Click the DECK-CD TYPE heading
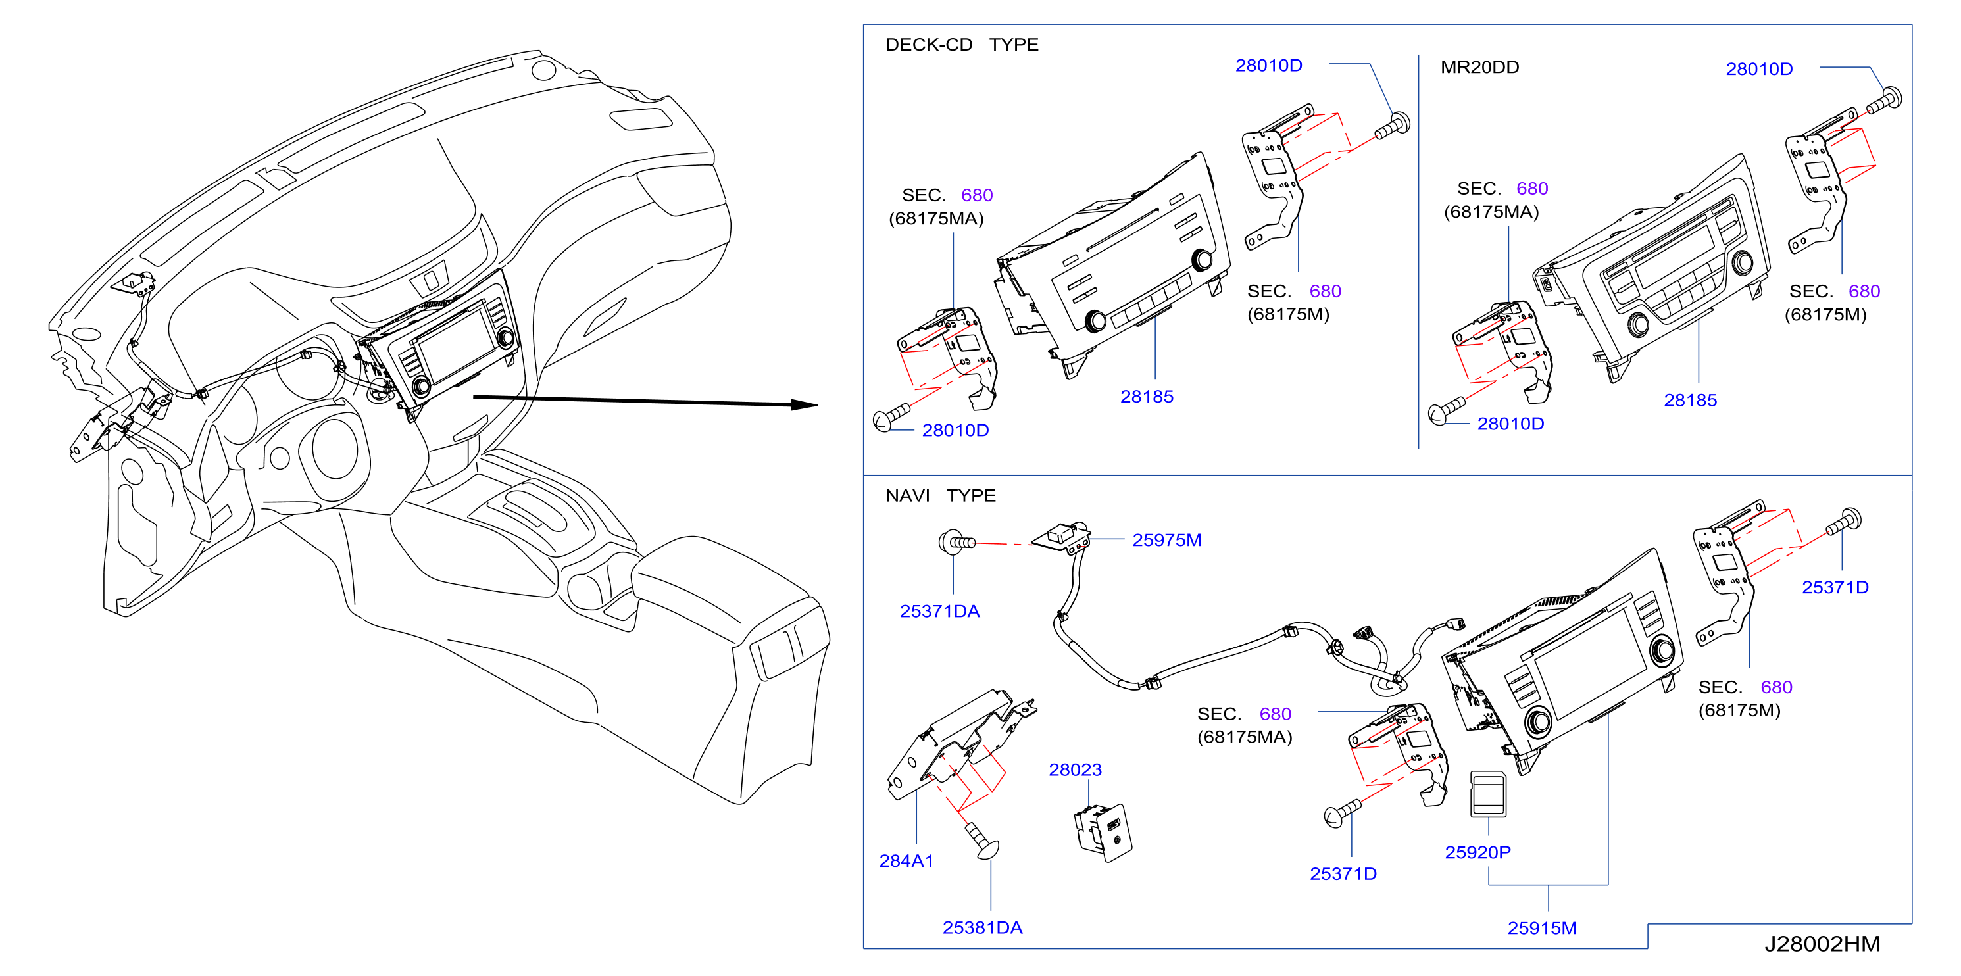(962, 45)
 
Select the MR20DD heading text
(1479, 67)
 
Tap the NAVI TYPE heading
(940, 496)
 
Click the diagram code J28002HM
(1822, 944)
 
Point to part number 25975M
(1166, 540)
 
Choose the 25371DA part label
(939, 612)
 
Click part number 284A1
(906, 861)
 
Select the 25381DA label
(982, 928)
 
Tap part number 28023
(1075, 769)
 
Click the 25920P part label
(1477, 852)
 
